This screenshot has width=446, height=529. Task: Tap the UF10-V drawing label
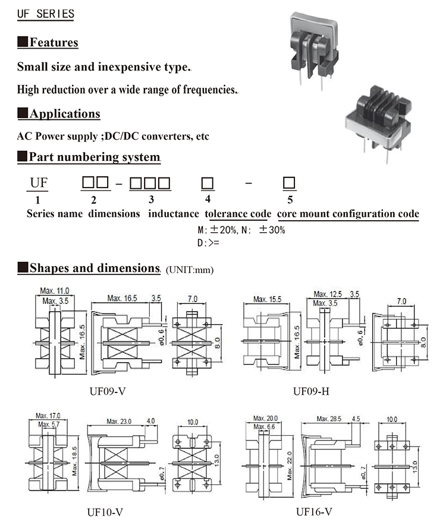pyautogui.click(x=109, y=511)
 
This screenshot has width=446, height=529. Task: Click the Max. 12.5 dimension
pyautogui.click(x=328, y=294)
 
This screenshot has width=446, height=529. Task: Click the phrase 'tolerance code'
pyautogui.click(x=238, y=214)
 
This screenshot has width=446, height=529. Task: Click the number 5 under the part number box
pyautogui.click(x=290, y=200)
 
